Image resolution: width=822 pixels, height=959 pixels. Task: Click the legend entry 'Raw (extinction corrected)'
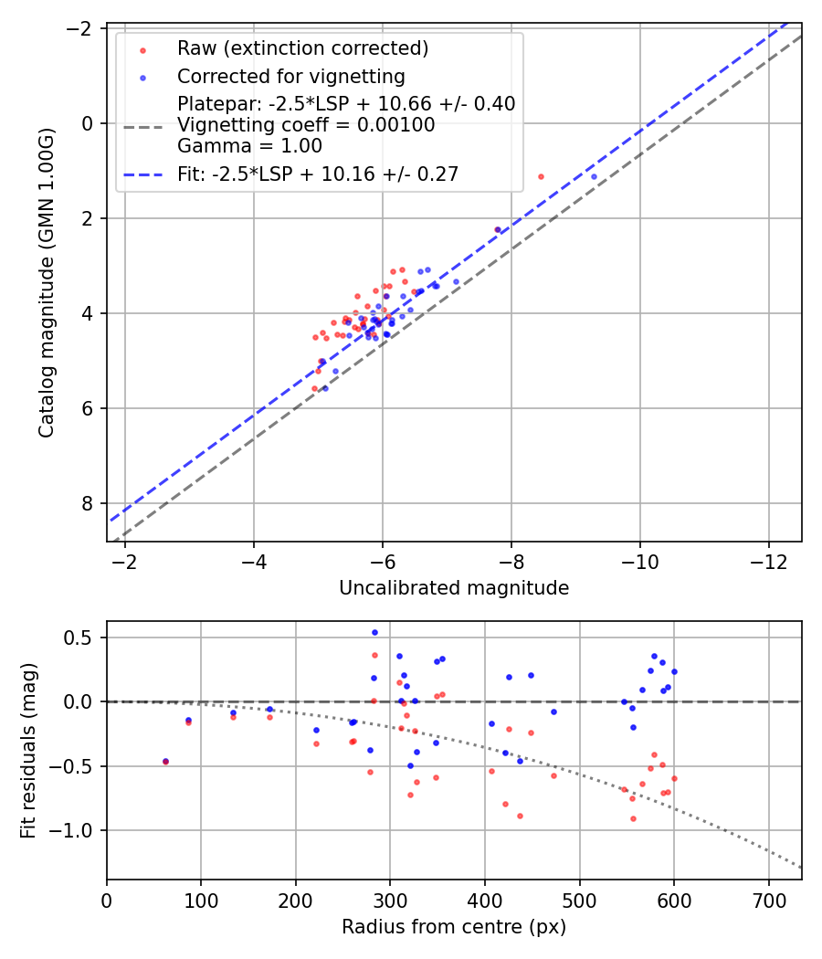click(302, 48)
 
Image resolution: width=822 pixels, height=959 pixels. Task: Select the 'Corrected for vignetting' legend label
click(291, 76)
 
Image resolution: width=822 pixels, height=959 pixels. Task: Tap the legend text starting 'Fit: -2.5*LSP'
click(318, 174)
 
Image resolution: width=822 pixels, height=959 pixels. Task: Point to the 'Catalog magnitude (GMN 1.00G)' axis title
click(47, 283)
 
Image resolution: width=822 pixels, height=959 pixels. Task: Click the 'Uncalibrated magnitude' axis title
click(454, 588)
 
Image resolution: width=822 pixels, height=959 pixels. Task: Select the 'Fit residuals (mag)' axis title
click(28, 751)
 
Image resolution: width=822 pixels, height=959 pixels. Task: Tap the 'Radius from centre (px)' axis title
click(454, 927)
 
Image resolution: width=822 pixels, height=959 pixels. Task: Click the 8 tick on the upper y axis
click(88, 503)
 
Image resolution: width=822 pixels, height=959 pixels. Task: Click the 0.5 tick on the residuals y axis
click(84, 638)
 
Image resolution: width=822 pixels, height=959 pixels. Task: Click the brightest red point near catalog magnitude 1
click(541, 176)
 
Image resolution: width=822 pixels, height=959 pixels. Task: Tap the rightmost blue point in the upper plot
click(594, 176)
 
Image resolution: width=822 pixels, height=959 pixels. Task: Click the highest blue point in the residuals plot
click(374, 632)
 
